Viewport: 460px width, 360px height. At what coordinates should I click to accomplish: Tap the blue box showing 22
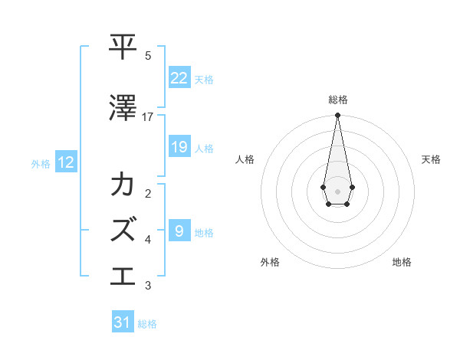pos(179,78)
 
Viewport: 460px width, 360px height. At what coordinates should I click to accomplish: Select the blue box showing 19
pos(179,147)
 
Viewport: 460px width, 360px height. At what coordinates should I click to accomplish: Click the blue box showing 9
pos(179,231)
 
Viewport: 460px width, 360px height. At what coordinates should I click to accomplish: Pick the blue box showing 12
pos(66,162)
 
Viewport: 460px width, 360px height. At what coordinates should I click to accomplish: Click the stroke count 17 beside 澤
pos(148,117)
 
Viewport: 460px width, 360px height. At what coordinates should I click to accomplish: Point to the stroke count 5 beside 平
pos(148,56)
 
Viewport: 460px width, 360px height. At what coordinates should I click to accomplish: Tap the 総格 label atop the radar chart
pos(337,100)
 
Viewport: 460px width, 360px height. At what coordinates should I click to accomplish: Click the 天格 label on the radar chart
pos(431,159)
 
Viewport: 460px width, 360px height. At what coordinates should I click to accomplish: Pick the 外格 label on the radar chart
pos(270,262)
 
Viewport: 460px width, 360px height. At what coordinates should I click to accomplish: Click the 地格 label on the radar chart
pos(402,262)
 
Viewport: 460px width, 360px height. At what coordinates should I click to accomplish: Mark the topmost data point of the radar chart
pos(337,116)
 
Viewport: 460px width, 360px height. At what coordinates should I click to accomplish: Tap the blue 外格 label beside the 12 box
pos(41,163)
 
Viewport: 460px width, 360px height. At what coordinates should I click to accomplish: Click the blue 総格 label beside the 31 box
pos(147,324)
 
